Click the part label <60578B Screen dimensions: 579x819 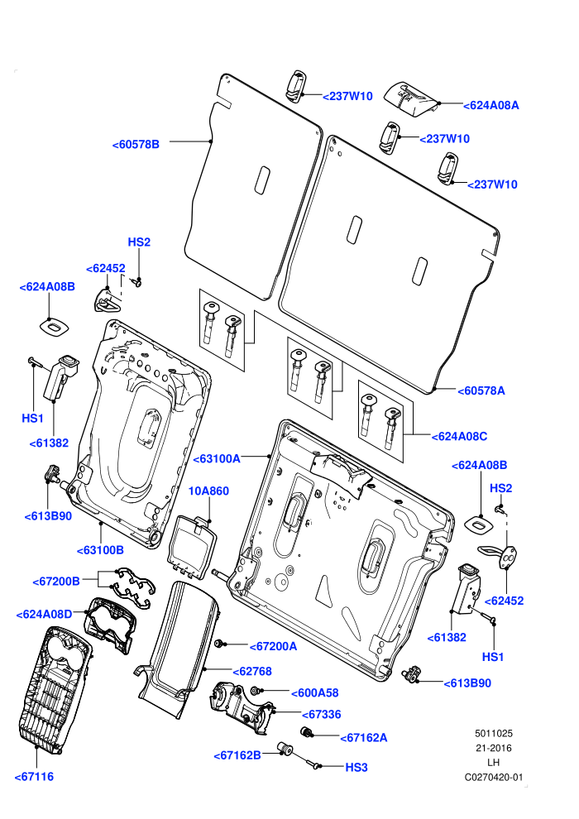(136, 145)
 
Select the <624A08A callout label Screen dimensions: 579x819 (491, 106)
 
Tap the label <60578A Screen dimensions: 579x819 (481, 390)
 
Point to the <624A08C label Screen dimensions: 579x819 (459, 437)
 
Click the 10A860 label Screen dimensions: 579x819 (208, 491)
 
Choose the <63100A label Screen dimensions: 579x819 (217, 459)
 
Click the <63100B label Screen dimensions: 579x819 (100, 550)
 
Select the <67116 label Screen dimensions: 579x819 (34, 777)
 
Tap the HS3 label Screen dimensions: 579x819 (356, 768)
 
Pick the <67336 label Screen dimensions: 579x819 (322, 715)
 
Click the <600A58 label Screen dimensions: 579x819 (315, 693)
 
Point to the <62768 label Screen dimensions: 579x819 (252, 672)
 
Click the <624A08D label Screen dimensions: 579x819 (45, 615)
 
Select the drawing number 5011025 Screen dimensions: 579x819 (493, 734)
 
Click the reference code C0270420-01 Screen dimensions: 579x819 (494, 778)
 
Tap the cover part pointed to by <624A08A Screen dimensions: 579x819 (410, 98)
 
